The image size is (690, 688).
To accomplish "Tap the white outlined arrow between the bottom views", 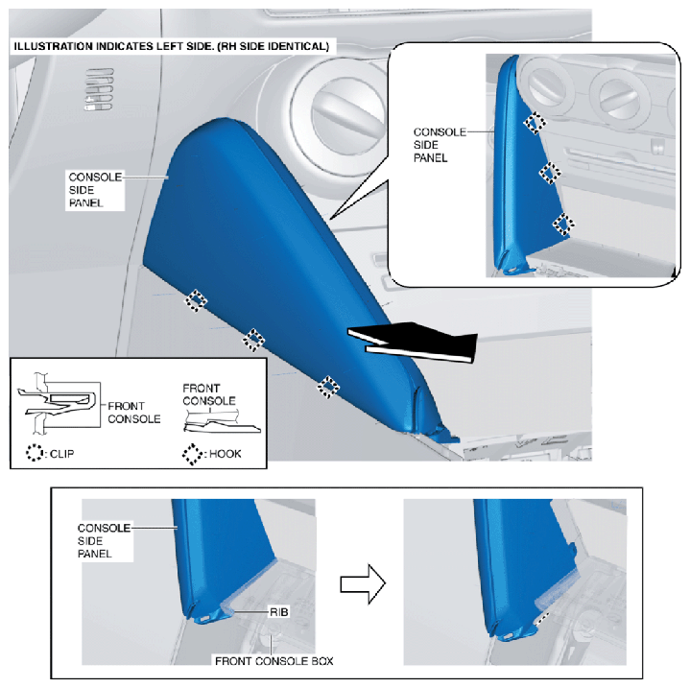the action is (x=363, y=583).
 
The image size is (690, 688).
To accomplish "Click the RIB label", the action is (x=279, y=612).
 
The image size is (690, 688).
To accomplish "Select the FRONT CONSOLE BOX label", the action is (x=274, y=661).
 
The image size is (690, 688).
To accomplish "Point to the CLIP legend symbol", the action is (x=34, y=453).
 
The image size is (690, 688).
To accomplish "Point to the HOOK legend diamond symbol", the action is (x=192, y=454).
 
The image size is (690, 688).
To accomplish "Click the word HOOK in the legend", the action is (x=225, y=454).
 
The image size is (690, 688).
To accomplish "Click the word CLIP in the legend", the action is (x=61, y=454).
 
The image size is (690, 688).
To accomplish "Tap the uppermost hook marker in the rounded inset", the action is (x=535, y=122).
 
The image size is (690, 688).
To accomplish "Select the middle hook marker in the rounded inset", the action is (x=550, y=173).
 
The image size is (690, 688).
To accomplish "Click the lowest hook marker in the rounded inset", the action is (x=563, y=224).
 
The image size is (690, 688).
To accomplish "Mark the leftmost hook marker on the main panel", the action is (x=196, y=300).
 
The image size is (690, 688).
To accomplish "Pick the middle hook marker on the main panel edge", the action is (x=253, y=340).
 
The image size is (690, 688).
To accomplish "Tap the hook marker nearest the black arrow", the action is (x=328, y=387).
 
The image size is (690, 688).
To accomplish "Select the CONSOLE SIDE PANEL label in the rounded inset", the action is (x=440, y=145).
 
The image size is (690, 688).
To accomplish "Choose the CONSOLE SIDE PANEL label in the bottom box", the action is (x=104, y=540).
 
